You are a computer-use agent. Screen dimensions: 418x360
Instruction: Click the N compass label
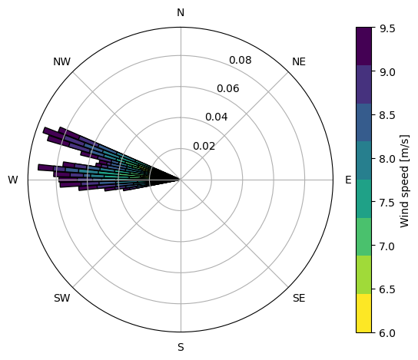[x=181, y=12]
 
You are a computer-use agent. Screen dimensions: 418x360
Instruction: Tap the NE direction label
[x=299, y=61]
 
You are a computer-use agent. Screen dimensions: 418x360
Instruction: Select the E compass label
[x=348, y=180]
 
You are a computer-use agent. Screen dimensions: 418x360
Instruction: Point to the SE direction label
[x=299, y=299]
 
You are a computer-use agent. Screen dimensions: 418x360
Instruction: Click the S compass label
[x=181, y=348]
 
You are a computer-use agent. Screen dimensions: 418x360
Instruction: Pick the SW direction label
[x=62, y=299]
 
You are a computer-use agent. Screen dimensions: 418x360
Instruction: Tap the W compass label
[x=13, y=180]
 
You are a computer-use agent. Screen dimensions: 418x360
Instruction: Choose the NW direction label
[x=61, y=61]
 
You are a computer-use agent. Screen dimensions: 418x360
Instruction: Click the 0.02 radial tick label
[x=204, y=146]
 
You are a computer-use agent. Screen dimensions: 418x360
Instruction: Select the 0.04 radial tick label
[x=217, y=117]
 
